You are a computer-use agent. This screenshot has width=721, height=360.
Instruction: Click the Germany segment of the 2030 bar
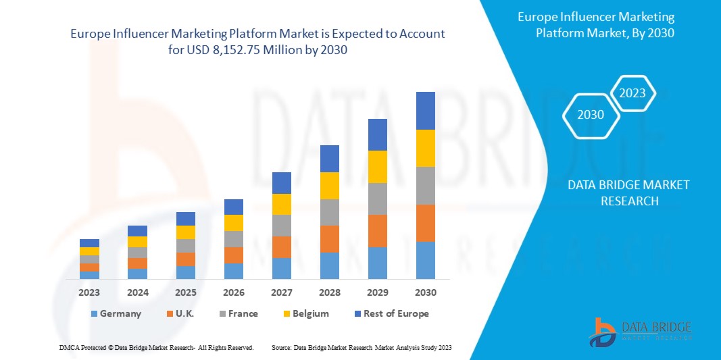click(425, 260)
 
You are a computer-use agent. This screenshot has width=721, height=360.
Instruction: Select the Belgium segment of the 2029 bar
click(377, 166)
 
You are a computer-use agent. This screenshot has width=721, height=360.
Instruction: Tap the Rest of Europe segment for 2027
click(281, 182)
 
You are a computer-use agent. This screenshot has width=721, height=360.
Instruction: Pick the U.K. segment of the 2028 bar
click(329, 238)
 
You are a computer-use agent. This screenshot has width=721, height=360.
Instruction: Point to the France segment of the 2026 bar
click(233, 239)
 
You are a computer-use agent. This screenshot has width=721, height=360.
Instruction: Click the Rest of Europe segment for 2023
click(89, 243)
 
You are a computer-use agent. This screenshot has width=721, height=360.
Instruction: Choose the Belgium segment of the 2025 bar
click(185, 232)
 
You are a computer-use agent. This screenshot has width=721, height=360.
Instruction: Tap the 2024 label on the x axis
click(137, 292)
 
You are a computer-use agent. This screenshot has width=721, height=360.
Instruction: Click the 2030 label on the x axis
click(425, 292)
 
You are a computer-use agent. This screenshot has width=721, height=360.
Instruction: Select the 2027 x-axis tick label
click(281, 292)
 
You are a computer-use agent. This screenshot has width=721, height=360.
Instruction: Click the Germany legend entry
click(115, 313)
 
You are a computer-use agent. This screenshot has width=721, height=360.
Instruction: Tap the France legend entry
click(239, 313)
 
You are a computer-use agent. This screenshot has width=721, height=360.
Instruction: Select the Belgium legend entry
click(305, 313)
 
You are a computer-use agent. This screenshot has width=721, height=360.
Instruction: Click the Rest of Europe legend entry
click(390, 313)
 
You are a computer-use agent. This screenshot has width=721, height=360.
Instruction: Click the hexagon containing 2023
click(632, 93)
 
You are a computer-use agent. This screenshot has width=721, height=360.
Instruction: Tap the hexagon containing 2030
click(591, 115)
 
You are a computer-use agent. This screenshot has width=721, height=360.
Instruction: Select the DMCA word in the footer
click(70, 347)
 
